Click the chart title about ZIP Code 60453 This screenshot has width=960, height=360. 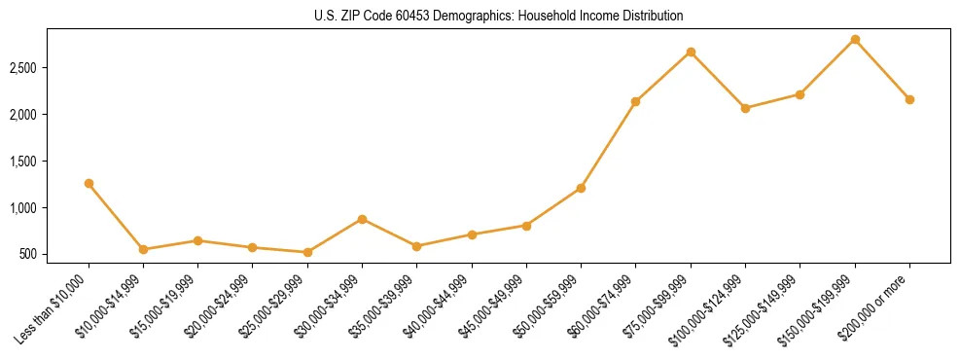499,17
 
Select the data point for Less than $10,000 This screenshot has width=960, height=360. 89,183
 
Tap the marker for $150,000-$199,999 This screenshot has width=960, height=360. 855,39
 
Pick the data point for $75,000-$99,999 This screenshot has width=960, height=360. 691,52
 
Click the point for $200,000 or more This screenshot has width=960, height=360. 909,99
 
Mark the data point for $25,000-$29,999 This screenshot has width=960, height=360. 307,252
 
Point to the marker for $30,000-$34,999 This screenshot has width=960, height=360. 362,219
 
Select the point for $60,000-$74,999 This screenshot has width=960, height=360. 635,101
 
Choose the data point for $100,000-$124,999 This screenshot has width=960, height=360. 745,108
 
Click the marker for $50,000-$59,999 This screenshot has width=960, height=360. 581,188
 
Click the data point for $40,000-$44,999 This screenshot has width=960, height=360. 472,234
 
